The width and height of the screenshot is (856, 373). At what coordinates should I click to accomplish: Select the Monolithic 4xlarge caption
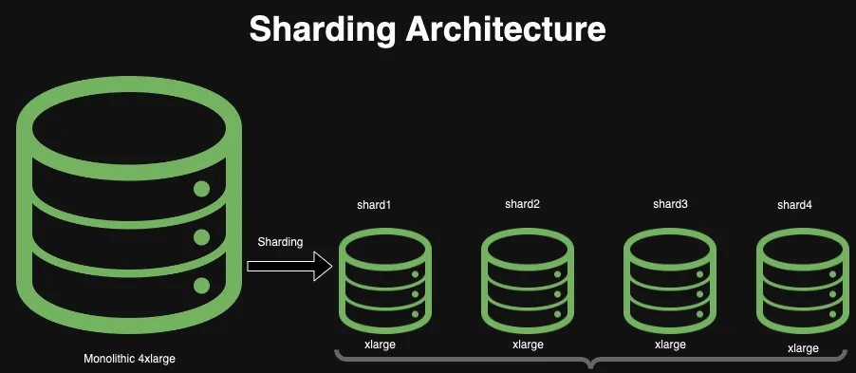129,359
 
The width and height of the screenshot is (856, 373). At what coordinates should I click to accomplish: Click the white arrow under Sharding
289,266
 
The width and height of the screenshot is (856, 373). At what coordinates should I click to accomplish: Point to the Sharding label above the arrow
280,242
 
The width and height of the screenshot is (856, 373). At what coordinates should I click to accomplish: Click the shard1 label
374,205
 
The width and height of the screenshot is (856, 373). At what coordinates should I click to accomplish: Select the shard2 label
522,204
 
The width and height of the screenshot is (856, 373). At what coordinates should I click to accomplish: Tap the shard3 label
670,204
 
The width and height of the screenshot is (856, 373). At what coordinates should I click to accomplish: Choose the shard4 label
794,205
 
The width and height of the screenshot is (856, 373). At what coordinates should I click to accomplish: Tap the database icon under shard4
802,278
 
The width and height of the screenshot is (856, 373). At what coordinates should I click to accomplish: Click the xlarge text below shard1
380,345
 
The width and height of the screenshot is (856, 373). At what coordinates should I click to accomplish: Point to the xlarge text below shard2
528,345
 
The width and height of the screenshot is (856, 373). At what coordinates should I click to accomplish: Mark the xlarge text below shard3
670,345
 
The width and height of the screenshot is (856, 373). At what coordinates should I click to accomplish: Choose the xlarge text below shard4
803,348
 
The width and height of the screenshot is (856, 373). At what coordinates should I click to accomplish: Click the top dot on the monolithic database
201,188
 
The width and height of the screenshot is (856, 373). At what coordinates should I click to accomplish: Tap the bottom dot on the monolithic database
201,285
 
